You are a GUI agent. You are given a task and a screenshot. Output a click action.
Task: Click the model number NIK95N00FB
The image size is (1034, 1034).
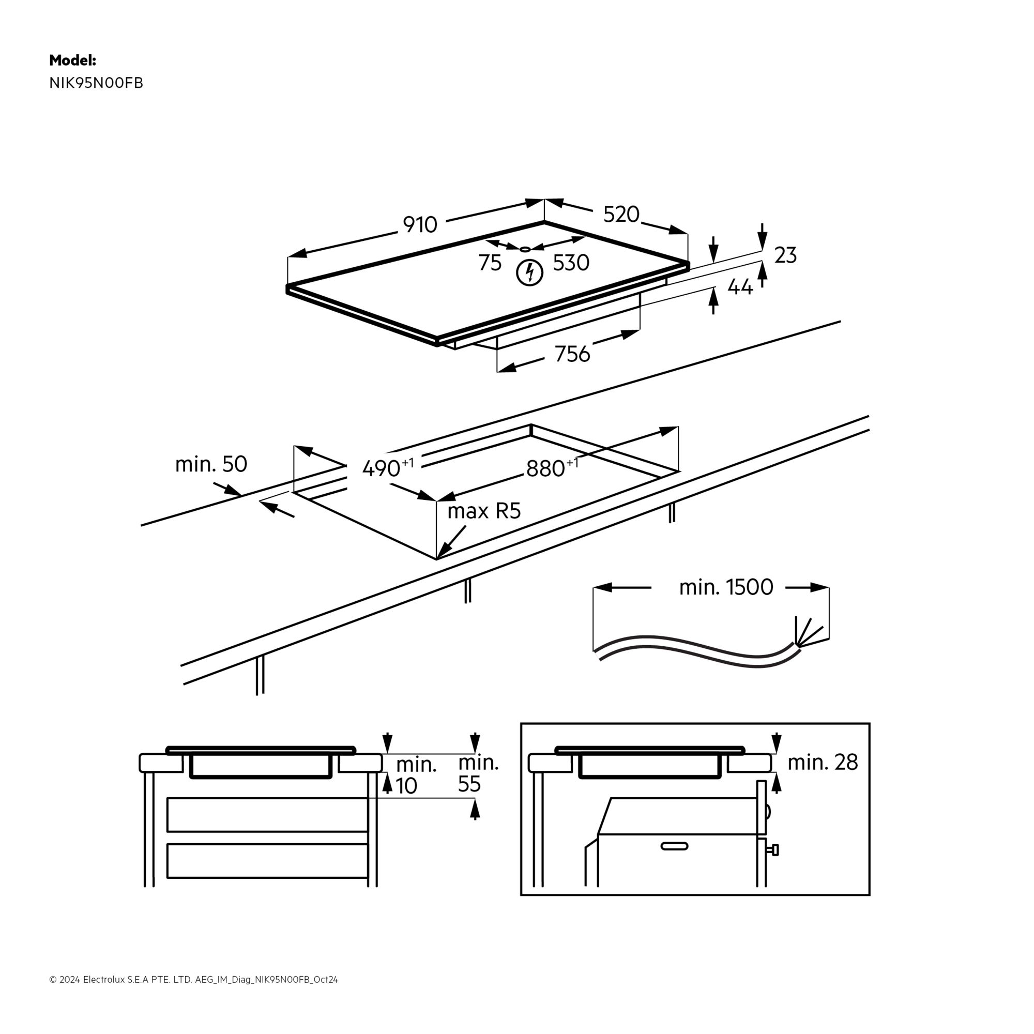96,83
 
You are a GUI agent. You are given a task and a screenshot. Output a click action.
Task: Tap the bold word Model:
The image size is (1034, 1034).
73,60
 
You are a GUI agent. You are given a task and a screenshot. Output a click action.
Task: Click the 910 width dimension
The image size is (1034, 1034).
420,225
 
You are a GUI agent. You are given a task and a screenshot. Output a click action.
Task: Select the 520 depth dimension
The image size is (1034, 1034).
621,215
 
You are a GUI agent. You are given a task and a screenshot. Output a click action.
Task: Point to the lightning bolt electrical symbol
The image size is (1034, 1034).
529,272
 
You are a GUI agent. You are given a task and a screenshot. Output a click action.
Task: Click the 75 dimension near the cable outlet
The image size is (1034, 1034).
490,263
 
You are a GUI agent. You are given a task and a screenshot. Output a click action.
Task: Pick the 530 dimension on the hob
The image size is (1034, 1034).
571,263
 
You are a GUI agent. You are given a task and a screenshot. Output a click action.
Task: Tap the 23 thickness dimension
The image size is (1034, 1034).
785,255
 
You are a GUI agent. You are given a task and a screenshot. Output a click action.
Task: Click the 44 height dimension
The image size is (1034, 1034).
740,287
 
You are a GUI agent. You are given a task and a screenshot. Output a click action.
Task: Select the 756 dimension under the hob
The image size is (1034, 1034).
572,354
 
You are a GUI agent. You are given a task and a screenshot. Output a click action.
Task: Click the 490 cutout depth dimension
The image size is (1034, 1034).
382,468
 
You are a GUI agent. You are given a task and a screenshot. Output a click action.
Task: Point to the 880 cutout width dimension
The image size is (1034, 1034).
545,469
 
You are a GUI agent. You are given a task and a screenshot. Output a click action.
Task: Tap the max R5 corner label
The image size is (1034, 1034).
484,511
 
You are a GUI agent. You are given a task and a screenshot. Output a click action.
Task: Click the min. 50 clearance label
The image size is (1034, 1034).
211,464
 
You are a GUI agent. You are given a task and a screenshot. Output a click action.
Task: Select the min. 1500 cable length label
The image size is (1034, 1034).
726,588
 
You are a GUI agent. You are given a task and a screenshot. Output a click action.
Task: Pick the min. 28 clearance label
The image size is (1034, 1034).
823,762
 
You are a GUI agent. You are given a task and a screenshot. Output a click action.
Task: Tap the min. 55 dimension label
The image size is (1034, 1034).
478,773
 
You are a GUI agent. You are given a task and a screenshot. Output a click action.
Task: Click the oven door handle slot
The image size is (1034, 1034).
674,846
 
